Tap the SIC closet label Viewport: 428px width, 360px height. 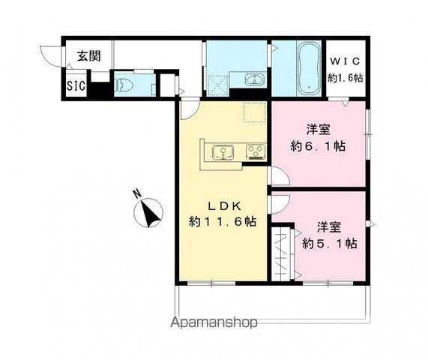coord(76,85)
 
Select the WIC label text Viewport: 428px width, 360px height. coord(344,61)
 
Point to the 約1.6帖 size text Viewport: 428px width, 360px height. coord(344,76)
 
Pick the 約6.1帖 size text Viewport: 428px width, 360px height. coord(318,146)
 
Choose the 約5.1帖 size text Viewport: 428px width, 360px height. coord(329,243)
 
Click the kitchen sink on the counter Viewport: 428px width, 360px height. coord(223,154)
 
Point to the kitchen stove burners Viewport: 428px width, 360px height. coord(256,154)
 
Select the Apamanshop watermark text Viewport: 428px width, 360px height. coord(215,322)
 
